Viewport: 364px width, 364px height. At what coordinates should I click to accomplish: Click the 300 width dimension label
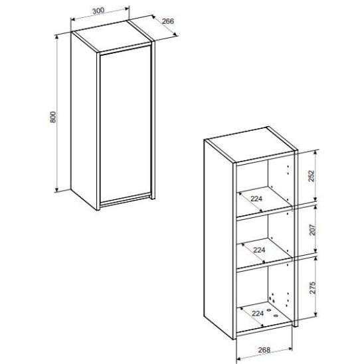[x=98, y=11]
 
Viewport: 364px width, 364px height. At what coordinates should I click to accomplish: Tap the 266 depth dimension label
[x=168, y=21]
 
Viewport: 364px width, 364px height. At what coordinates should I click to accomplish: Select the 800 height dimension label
[x=53, y=117]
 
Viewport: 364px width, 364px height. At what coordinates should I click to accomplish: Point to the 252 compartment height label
[x=312, y=176]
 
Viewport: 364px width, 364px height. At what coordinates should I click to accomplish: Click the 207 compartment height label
[x=312, y=230]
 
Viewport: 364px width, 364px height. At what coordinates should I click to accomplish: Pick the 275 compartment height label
[x=312, y=288]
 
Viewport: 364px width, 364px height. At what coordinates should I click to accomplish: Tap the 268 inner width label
[x=264, y=350]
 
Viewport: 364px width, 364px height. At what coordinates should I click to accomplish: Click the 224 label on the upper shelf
[x=256, y=199]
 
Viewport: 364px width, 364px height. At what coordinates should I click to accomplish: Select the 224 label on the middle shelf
[x=259, y=250]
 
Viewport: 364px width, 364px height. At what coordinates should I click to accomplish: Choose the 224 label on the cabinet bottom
[x=258, y=314]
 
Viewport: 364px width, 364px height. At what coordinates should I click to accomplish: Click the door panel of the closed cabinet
[x=126, y=124]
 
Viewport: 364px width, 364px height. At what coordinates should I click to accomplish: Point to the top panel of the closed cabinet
[x=112, y=37]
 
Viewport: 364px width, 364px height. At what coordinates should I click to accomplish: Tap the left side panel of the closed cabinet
[x=84, y=121]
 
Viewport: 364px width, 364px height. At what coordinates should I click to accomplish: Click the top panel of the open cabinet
[x=250, y=144]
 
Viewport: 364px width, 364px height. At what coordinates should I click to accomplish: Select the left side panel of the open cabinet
[x=219, y=239]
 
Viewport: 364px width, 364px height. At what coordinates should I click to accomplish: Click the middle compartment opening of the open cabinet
[x=264, y=240]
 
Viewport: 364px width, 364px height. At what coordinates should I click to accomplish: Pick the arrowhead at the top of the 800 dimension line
[x=56, y=38]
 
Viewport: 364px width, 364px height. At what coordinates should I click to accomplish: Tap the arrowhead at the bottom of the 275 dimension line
[x=316, y=315]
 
